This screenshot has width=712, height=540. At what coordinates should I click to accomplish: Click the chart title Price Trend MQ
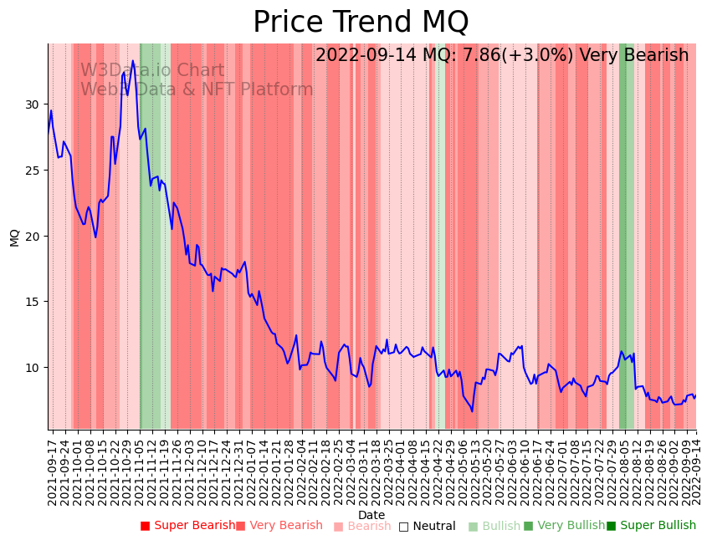point(361,23)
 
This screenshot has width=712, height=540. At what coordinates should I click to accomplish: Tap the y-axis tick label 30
point(32,104)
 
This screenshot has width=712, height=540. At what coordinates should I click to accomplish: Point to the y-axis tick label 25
point(32,171)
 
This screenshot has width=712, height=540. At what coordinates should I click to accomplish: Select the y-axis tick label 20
point(32,237)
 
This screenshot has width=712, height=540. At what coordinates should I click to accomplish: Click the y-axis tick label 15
point(32,302)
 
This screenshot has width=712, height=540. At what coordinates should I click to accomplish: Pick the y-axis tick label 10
point(32,368)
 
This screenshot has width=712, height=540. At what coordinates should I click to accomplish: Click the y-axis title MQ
point(14,237)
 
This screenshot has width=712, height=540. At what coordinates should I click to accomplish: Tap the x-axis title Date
point(371,515)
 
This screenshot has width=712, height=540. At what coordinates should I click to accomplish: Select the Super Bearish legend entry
point(188,526)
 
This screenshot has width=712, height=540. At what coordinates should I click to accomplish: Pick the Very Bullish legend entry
point(564,526)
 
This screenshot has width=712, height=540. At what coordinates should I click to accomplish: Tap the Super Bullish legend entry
point(651,526)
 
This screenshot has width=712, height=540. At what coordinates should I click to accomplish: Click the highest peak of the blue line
point(133,61)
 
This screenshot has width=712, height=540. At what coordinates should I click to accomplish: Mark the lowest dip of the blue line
point(472,411)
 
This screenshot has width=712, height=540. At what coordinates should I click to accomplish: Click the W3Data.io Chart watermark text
point(152,71)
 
